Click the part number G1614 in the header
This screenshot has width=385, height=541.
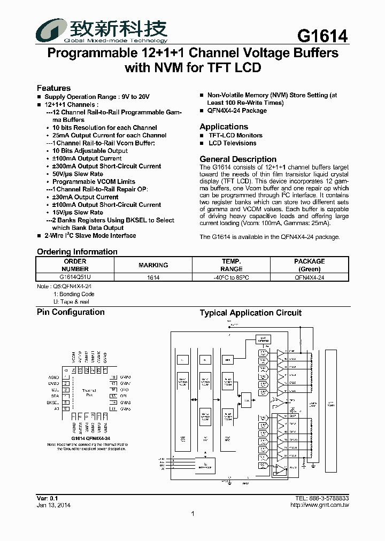[x=322, y=35]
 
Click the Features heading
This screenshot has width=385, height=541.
[x=53, y=88]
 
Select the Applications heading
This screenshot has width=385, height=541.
[x=224, y=127]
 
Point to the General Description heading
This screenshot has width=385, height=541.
[x=238, y=159]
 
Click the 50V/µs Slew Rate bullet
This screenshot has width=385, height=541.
[x=78, y=174]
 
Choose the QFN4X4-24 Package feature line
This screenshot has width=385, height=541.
[x=236, y=111]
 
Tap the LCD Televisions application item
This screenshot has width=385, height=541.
[x=232, y=143]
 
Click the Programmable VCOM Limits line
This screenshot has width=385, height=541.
[x=94, y=182]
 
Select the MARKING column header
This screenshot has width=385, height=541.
[x=153, y=265]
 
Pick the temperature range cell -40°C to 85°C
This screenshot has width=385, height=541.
[x=231, y=277]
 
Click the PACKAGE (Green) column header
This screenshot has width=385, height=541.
[x=309, y=265]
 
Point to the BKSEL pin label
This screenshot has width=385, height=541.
[x=52, y=403]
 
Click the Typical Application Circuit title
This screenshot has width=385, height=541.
[x=250, y=313]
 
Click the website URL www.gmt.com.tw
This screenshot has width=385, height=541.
[x=319, y=505]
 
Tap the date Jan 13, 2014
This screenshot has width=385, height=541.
[x=53, y=505]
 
